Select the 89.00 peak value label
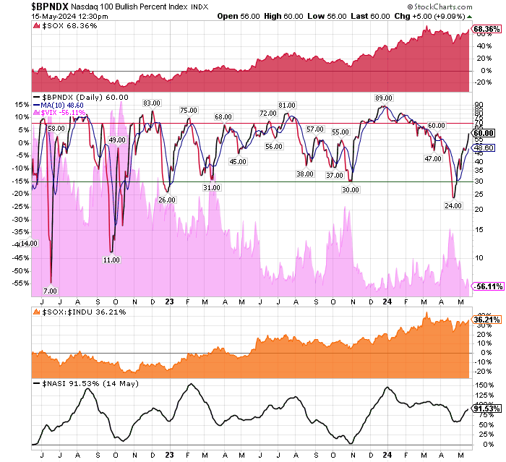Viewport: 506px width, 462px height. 383,98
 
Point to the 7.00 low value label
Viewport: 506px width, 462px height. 41,291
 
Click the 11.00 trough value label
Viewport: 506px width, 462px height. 111,259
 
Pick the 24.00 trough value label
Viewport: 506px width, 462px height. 453,205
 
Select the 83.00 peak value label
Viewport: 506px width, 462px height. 151,103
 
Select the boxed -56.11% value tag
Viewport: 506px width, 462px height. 488,287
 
